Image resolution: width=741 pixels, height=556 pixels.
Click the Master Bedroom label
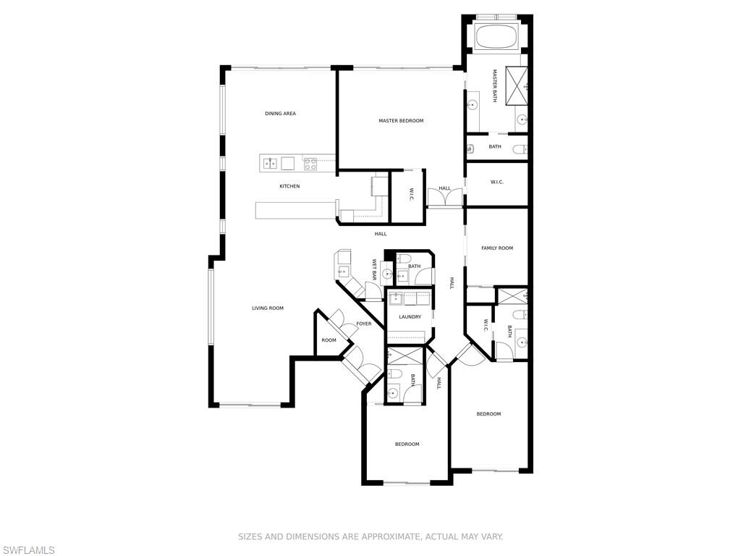coord(401,121)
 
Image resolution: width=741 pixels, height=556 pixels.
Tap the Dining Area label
coord(280,114)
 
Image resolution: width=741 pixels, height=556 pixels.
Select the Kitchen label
coord(289,187)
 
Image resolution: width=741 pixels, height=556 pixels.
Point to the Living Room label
coord(267,308)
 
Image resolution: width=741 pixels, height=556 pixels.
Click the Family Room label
coord(497,248)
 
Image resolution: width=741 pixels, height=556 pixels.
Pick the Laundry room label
coord(410,317)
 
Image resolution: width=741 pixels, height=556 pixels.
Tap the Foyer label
coord(363,324)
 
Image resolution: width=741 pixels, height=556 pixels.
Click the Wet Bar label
coord(374,270)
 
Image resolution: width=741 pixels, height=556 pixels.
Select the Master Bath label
coord(495,86)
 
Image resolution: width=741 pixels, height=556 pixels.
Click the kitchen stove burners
coord(310,164)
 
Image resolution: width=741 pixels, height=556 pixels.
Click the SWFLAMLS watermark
coord(27,551)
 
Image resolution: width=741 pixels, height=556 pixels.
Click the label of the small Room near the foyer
coord(329,340)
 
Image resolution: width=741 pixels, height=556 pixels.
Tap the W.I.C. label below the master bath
coord(496,182)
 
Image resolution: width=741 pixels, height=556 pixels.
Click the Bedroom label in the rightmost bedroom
coord(488,414)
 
